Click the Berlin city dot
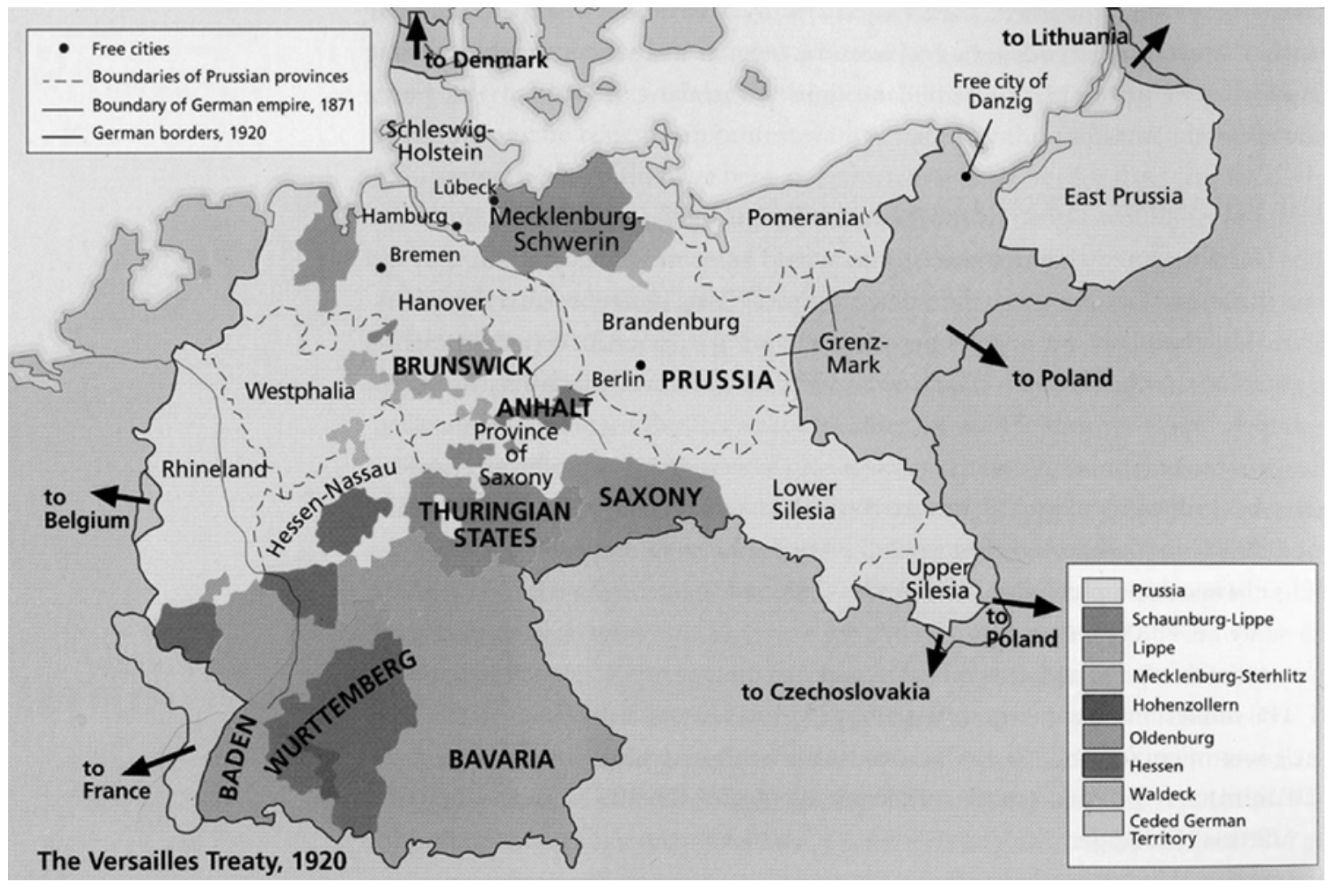[641, 365]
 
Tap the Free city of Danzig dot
[965, 176]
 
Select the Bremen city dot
[379, 267]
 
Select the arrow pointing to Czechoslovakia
[937, 655]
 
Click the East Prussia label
[1123, 197]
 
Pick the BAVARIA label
[501, 759]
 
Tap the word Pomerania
[802, 218]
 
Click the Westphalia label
[300, 391]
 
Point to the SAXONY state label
[650, 496]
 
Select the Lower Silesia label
[804, 499]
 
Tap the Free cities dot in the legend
[65, 49]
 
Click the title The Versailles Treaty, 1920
[192, 861]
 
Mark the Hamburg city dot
[457, 227]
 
